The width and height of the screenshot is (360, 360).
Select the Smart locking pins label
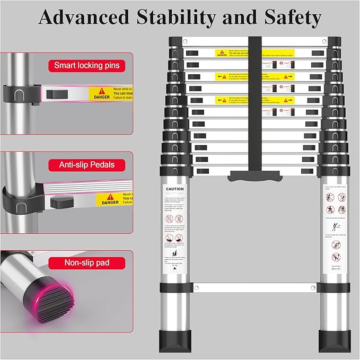pyautogui.click(x=87, y=66)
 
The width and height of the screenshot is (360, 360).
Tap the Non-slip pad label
pyautogui.click(x=87, y=262)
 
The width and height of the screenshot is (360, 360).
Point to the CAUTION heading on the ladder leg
pyautogui.click(x=174, y=189)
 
